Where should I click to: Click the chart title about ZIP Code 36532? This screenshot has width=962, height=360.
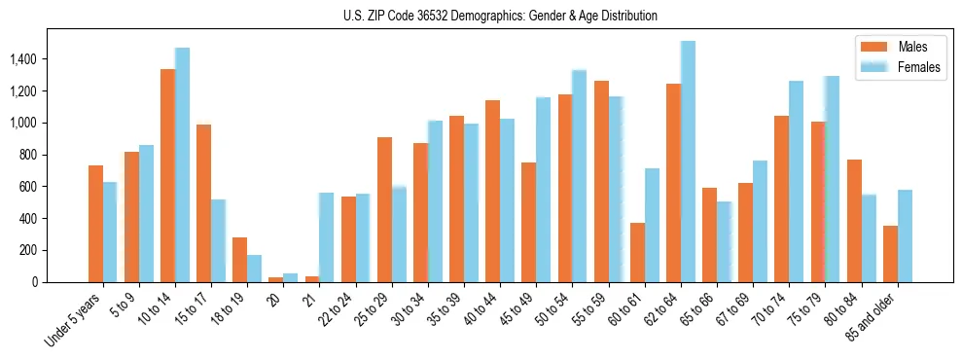pos(500,16)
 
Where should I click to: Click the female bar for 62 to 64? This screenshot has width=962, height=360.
pos(688,162)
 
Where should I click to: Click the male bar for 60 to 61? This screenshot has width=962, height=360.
pos(637,252)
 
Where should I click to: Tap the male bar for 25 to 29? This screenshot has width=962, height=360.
pos(384,209)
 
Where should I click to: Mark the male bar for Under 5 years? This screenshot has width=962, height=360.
pos(95,224)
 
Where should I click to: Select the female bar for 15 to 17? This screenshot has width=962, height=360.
pos(218,240)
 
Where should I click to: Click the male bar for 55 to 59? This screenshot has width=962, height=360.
pos(601,181)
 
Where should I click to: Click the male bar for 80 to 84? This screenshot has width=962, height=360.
pos(854,221)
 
